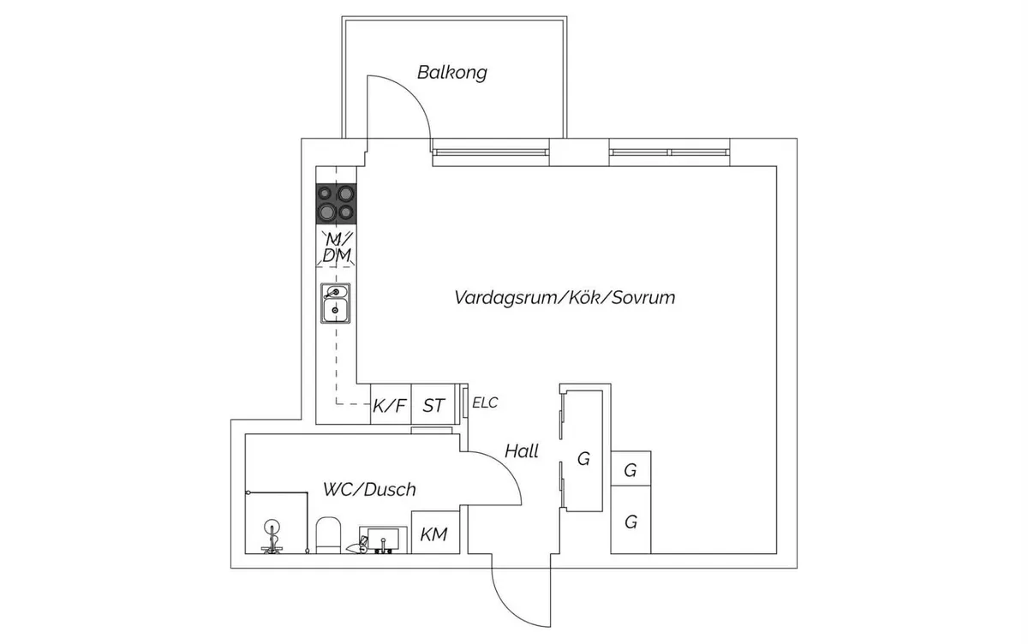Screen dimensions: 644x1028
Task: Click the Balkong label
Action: (x=451, y=72)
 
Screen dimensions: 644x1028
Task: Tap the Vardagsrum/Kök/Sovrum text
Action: (x=565, y=298)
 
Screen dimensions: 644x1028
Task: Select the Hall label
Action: (x=522, y=450)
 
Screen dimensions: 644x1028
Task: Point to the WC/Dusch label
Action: (x=369, y=490)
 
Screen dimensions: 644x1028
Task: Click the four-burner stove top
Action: (x=336, y=205)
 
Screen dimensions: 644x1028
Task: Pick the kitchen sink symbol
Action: (x=335, y=302)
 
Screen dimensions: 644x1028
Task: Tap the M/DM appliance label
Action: (x=337, y=247)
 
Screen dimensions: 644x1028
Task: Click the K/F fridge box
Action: (x=389, y=405)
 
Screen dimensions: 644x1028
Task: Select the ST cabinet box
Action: (x=434, y=405)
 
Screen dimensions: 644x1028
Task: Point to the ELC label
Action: (x=485, y=402)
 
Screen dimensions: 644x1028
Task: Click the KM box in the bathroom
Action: (x=433, y=535)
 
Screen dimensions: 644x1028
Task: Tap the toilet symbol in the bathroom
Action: (x=328, y=535)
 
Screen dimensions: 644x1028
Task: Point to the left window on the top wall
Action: (x=491, y=152)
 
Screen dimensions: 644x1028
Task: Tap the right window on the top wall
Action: (x=670, y=152)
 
